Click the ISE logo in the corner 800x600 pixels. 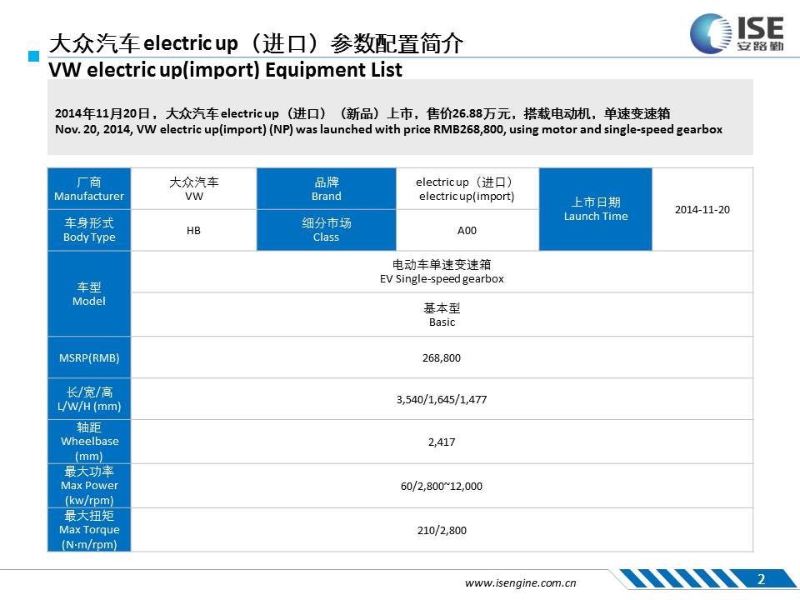point(737,33)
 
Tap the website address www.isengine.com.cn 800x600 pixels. point(520,582)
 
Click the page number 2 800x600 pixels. point(761,579)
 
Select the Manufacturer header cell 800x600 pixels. point(89,189)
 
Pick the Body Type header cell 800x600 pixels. point(89,230)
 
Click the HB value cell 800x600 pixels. point(193,230)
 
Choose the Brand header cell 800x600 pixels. point(327,189)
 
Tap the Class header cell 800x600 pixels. point(327,230)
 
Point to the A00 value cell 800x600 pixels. point(467,230)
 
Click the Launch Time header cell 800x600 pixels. point(595,209)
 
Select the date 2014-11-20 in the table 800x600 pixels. point(702,210)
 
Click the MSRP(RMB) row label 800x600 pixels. point(89,357)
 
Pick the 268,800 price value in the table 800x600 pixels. point(442,358)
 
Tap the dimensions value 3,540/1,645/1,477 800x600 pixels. point(442,399)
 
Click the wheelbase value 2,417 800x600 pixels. point(442,442)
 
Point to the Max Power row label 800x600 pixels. point(89,486)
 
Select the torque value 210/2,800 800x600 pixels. point(442,530)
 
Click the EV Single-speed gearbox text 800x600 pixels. point(442,278)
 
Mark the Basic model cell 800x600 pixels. point(442,315)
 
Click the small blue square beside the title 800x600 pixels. point(33,56)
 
